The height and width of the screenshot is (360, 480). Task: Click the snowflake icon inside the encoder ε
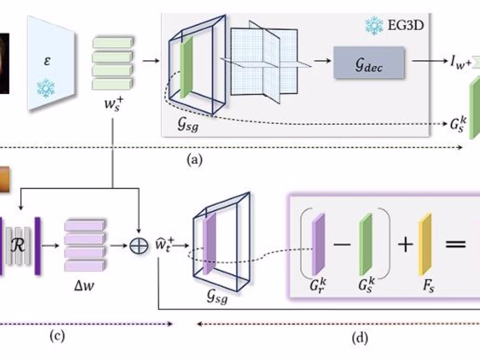[45, 88]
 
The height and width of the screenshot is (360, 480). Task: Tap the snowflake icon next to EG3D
[374, 25]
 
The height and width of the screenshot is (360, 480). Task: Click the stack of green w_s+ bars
[111, 64]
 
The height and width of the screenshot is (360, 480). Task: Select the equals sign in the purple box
[458, 245]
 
